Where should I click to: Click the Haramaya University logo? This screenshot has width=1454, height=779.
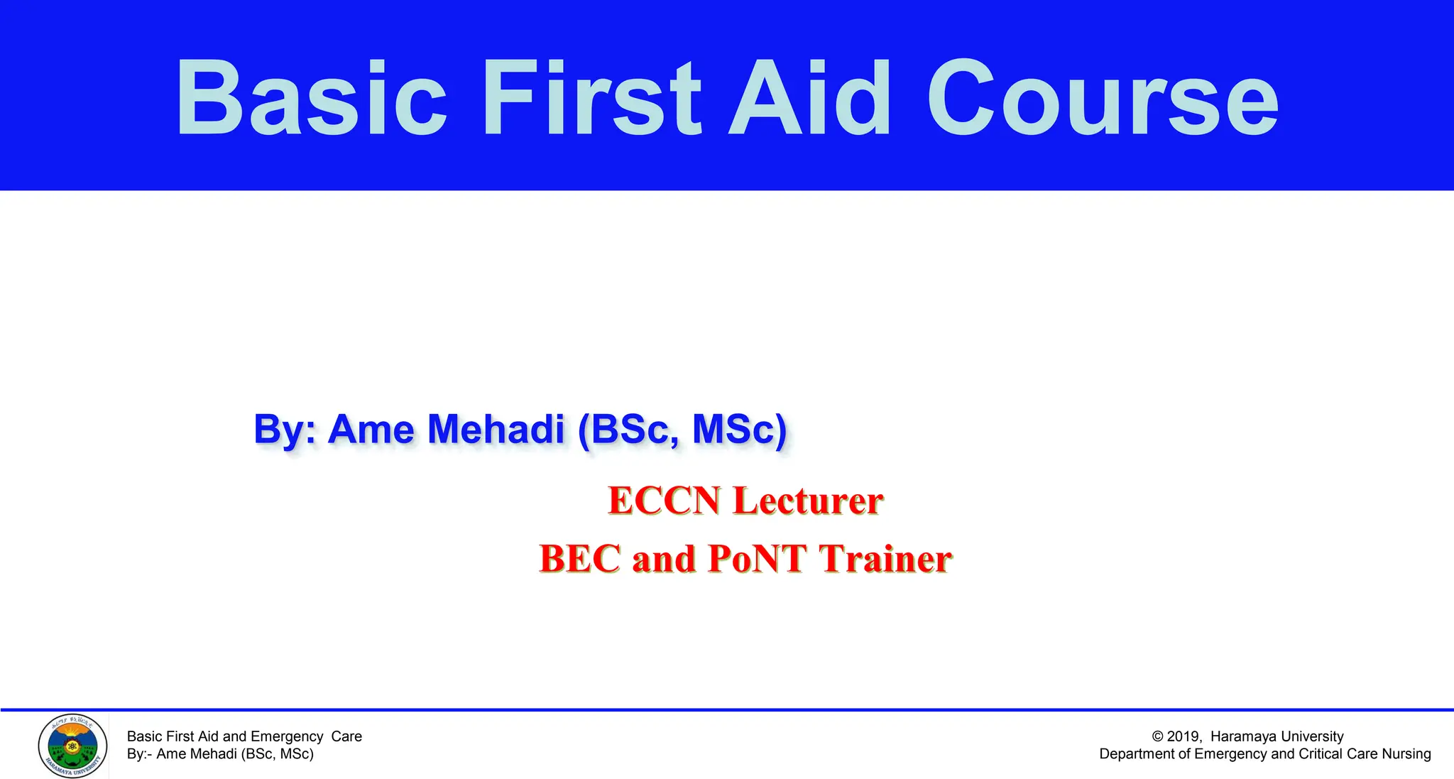click(72, 746)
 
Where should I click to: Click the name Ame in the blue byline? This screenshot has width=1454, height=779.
click(371, 430)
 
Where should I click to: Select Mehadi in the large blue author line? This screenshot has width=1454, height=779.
click(495, 430)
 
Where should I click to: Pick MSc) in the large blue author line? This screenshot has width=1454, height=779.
click(739, 430)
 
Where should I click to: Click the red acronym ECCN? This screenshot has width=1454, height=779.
click(665, 501)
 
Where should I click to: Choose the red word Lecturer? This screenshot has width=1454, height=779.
click(808, 501)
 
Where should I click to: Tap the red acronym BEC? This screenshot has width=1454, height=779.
click(580, 559)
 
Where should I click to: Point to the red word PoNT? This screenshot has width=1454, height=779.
click(757, 559)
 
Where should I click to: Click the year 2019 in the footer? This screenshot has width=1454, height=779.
click(1183, 736)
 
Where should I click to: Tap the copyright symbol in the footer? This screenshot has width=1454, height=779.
click(1157, 736)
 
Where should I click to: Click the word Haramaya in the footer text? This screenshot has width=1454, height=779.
click(1243, 736)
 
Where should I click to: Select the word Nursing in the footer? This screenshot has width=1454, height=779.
click(1406, 754)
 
